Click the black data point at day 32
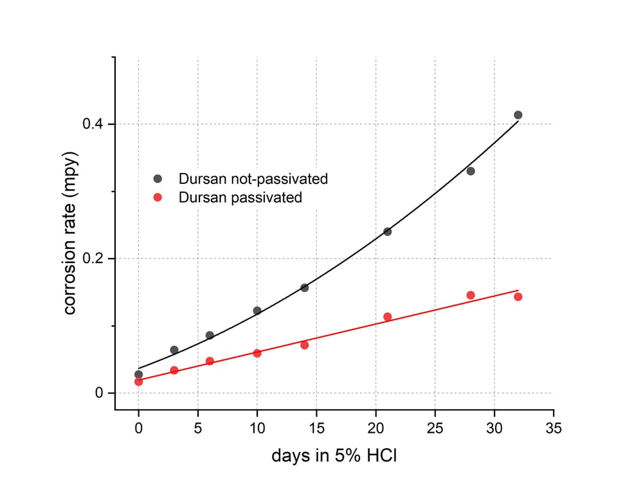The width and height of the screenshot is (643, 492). click(518, 115)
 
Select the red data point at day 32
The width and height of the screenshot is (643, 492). click(518, 296)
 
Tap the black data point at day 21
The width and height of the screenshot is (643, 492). click(387, 232)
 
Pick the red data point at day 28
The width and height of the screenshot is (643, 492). click(470, 295)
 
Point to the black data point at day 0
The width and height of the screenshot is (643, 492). click(138, 374)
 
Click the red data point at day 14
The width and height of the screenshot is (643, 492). click(304, 345)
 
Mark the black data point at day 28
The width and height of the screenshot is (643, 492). click(470, 171)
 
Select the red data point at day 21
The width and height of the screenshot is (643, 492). click(387, 316)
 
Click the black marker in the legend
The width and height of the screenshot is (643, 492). click(158, 179)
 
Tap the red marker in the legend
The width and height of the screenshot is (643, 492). click(158, 197)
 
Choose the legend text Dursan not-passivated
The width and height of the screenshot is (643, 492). click(253, 179)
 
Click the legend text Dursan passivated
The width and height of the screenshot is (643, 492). click(240, 197)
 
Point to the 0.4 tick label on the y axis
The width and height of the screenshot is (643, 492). click(95, 124)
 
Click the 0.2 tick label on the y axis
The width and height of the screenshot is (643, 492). click(95, 259)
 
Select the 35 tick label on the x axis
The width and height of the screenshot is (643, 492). click(554, 428)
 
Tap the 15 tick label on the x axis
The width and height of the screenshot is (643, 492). click(316, 428)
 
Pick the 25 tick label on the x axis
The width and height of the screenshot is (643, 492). click(435, 428)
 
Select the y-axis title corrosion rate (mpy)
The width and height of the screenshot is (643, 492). click(70, 233)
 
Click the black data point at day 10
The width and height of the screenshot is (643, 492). click(257, 311)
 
